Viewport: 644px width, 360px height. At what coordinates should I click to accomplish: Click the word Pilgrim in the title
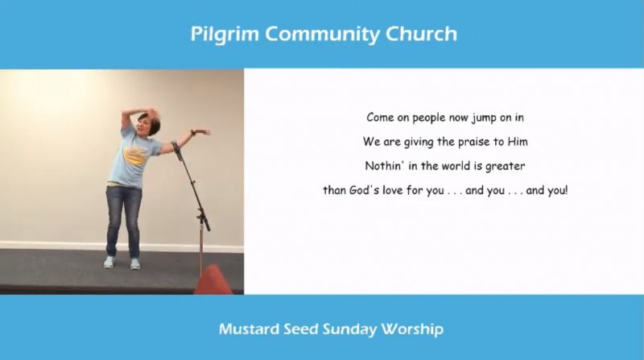pyautogui.click(x=225, y=35)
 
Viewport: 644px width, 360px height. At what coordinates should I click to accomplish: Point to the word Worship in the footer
pyautogui.click(x=412, y=329)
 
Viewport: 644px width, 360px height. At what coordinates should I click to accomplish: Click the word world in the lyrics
pyautogui.click(x=456, y=166)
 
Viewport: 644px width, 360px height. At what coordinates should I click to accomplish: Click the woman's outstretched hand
pyautogui.click(x=202, y=131)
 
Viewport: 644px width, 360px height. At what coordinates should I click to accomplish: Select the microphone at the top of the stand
pyautogui.click(x=177, y=151)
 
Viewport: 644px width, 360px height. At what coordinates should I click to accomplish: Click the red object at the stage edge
pyautogui.click(x=213, y=280)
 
